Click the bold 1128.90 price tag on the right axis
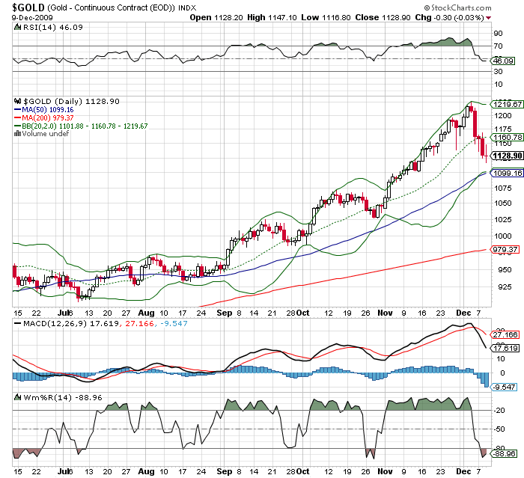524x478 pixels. [504, 156]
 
